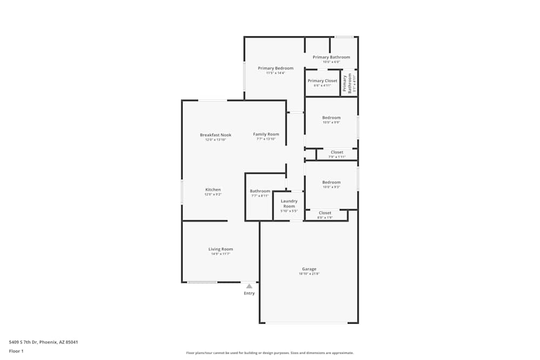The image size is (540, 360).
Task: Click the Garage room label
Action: point(309,269)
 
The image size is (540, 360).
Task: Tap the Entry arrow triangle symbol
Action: point(249,286)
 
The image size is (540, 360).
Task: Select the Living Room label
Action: point(221,249)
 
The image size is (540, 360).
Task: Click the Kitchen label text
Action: point(213,189)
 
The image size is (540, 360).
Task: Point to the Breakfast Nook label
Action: point(215,135)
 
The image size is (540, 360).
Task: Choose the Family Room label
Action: point(266,134)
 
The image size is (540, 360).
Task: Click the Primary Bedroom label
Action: point(275,68)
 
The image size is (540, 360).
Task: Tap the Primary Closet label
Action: point(322,81)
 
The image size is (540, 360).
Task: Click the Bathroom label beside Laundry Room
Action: point(260,191)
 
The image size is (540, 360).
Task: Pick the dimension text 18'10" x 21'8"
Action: point(309,274)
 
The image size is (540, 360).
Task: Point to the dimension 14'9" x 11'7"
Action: point(221,254)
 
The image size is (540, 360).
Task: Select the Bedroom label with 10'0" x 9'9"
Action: point(332,118)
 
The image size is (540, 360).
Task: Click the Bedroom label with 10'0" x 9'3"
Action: point(332,182)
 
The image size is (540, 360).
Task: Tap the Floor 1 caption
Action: point(17,351)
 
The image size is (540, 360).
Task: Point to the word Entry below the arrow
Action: point(249,293)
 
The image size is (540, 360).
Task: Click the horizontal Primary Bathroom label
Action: point(332,57)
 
